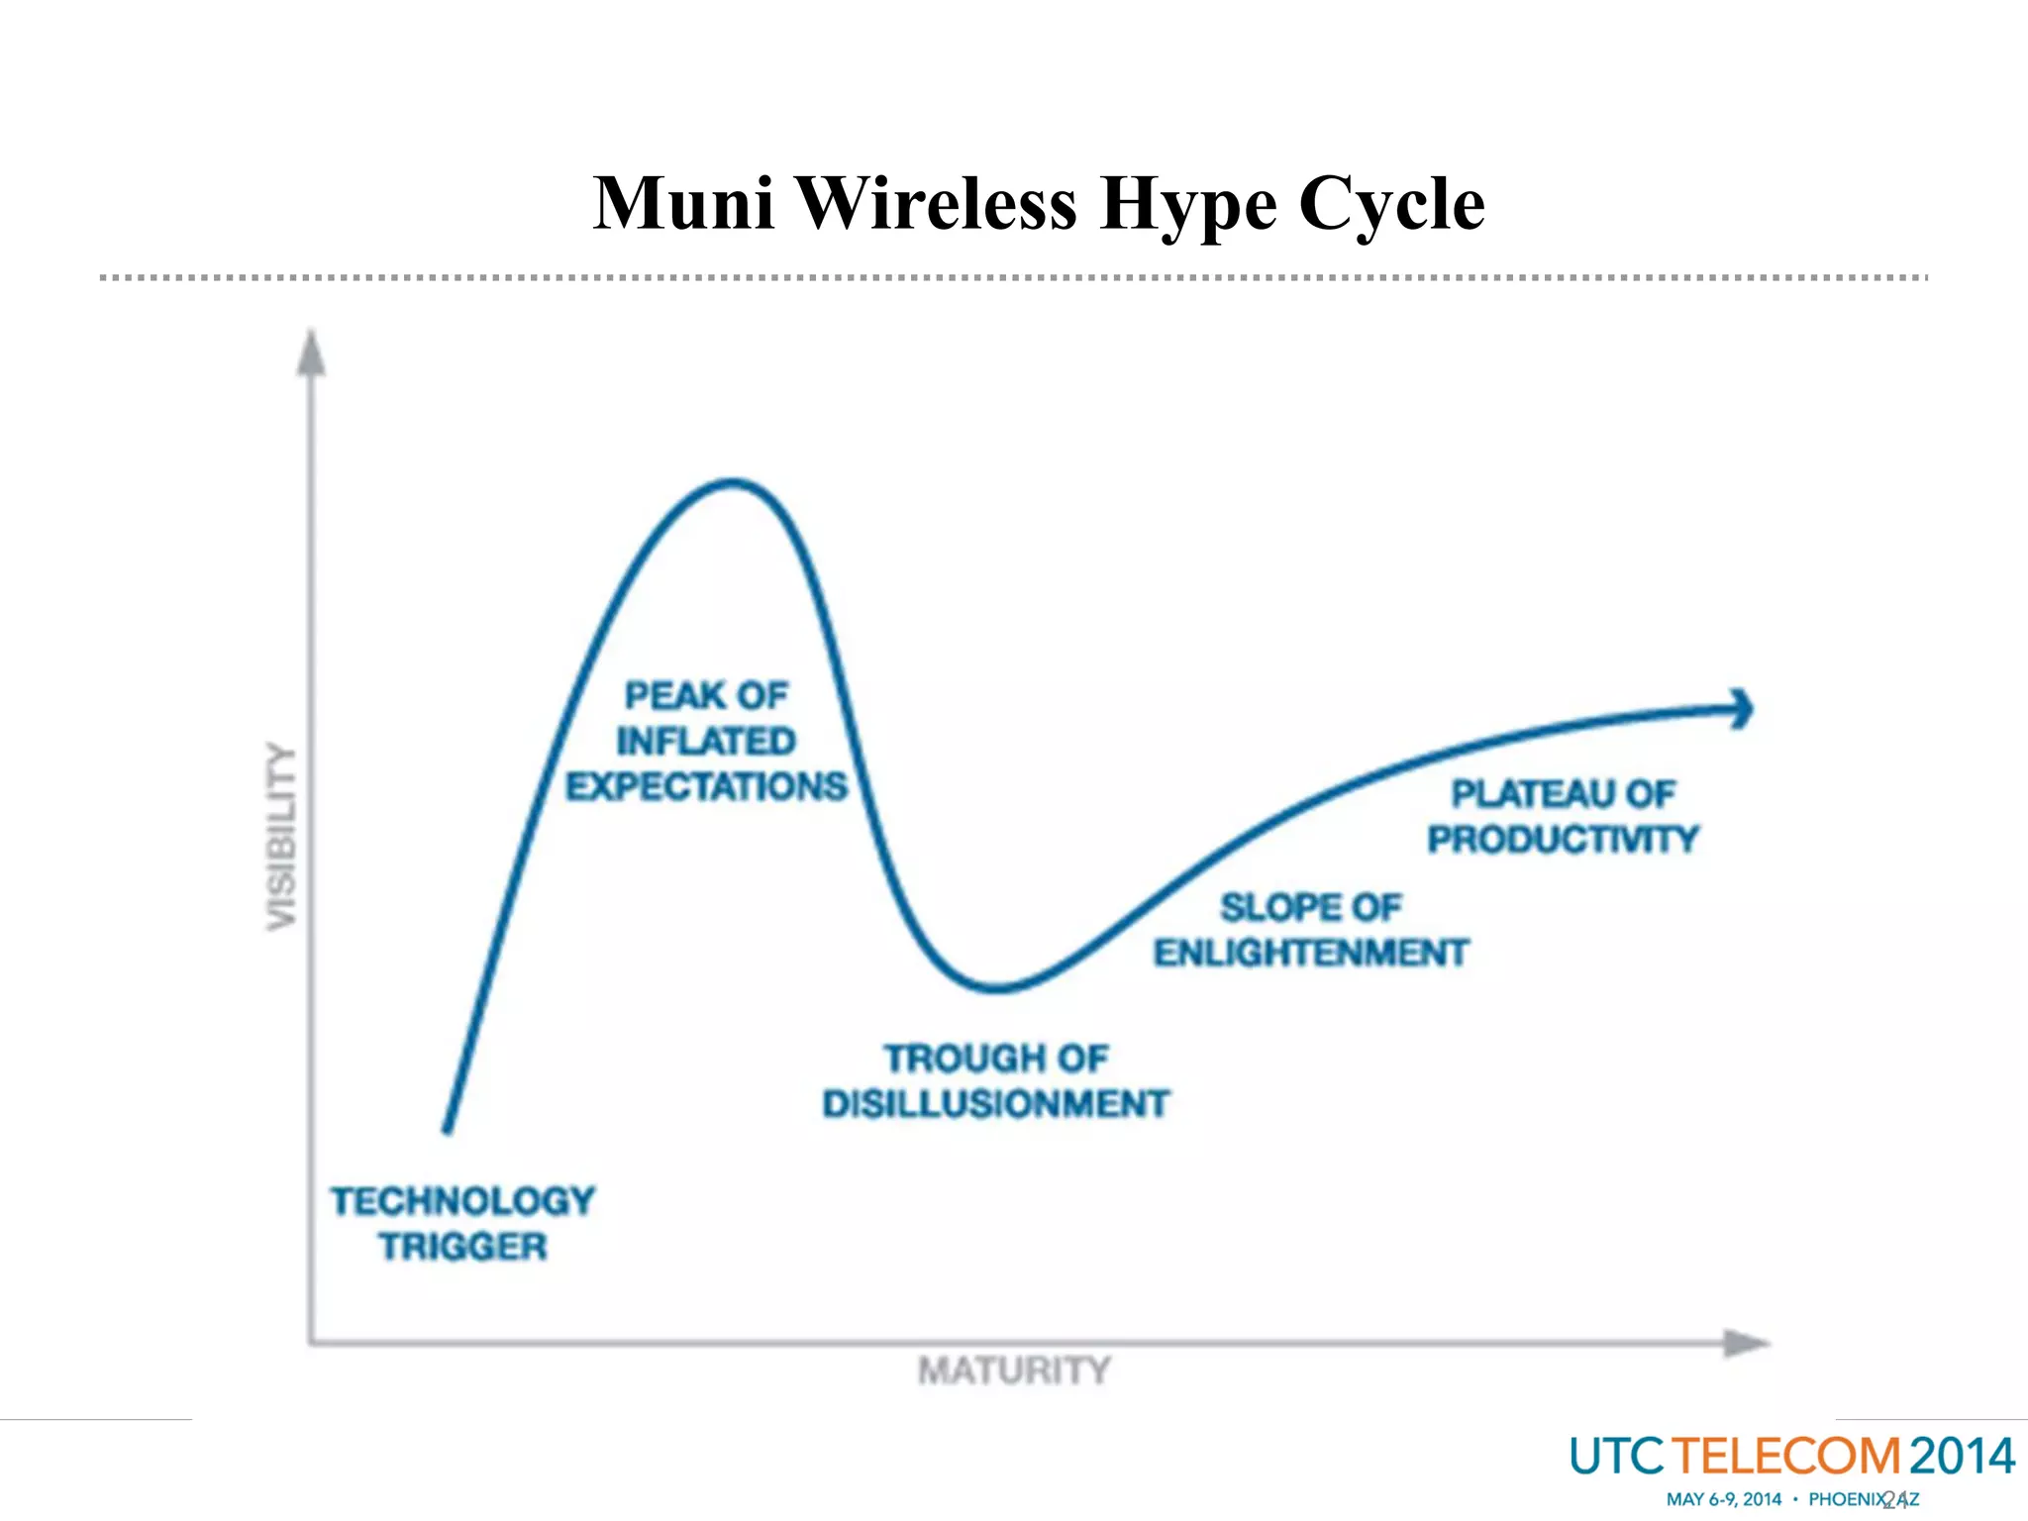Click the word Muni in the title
tap(683, 203)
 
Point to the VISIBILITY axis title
tap(282, 837)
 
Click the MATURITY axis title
tap(1014, 1370)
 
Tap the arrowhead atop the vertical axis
tap(312, 353)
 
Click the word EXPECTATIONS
tap(706, 786)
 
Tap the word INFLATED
tap(706, 741)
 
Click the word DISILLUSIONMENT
tap(996, 1104)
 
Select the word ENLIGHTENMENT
tap(1311, 953)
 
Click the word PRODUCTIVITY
tap(1563, 840)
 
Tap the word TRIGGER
tap(462, 1247)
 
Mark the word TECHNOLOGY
tap(462, 1201)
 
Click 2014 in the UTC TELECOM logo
tap(1962, 1457)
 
